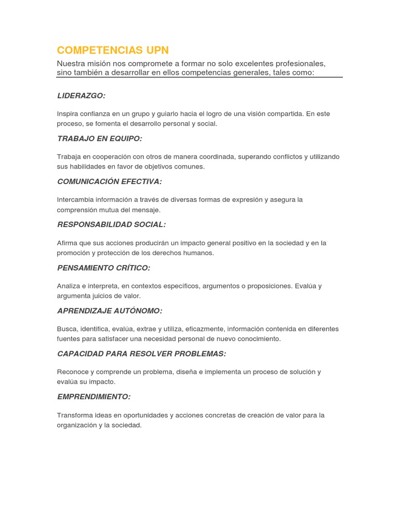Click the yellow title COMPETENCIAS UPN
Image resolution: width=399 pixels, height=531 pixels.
(113, 50)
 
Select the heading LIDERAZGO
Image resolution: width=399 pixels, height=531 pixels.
(81, 95)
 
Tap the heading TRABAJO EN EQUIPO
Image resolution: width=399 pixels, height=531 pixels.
(99, 138)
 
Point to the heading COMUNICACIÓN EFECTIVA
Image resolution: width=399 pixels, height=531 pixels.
(109, 181)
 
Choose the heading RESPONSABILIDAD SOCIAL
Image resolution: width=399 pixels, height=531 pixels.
(111, 225)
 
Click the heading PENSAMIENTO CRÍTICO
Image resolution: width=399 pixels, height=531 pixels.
(103, 268)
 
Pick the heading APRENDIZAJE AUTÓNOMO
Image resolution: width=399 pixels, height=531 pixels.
(109, 311)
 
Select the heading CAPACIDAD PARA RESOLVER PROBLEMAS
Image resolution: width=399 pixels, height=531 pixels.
(141, 354)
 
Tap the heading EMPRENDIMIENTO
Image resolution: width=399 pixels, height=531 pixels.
(94, 397)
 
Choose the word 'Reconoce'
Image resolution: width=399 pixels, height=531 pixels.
(72, 372)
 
